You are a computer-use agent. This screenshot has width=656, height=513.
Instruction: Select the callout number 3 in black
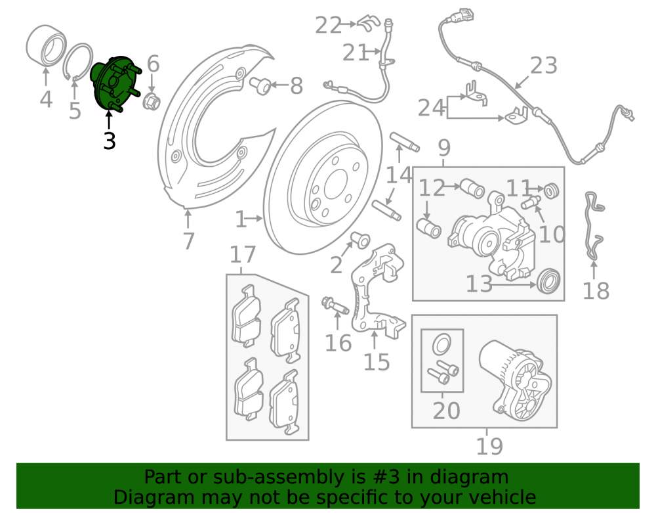pyautogui.click(x=110, y=141)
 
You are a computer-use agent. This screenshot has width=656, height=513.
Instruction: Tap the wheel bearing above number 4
pyautogui.click(x=46, y=45)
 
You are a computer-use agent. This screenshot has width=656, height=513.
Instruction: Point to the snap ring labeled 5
pyautogui.click(x=78, y=61)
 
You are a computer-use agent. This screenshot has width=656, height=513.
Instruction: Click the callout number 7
pyautogui.click(x=189, y=241)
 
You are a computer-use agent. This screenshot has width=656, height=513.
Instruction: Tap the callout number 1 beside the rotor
pyautogui.click(x=240, y=219)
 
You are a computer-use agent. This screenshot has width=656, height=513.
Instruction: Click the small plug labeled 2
pyautogui.click(x=359, y=240)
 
